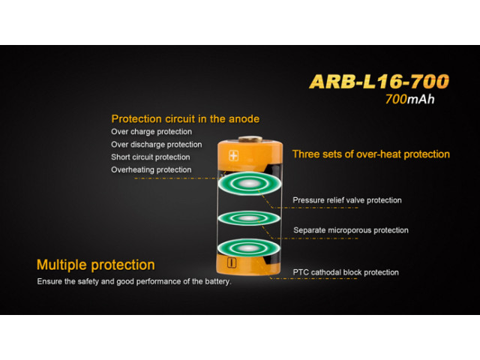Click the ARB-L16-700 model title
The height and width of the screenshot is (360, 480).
(379, 82)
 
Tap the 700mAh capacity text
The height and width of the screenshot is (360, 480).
(410, 99)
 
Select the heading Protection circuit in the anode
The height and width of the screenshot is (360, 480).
(185, 118)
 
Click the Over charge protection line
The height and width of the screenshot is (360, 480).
(151, 132)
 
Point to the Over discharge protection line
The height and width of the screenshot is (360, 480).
(157, 145)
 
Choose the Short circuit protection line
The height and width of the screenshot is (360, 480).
(150, 157)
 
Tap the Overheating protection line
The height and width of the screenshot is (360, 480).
(151, 169)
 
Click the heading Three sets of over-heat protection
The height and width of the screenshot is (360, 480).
(371, 154)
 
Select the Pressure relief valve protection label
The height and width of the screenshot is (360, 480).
(347, 200)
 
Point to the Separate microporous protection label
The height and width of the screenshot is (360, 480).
(351, 230)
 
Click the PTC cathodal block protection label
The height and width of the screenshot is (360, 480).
(346, 272)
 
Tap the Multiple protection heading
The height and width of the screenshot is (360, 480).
(95, 265)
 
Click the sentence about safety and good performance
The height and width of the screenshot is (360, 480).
(134, 282)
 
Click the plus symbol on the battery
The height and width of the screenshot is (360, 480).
(233, 156)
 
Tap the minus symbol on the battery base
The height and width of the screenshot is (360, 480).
(232, 263)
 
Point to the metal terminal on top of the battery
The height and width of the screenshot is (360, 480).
(250, 139)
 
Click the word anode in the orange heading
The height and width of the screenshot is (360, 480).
(244, 118)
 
